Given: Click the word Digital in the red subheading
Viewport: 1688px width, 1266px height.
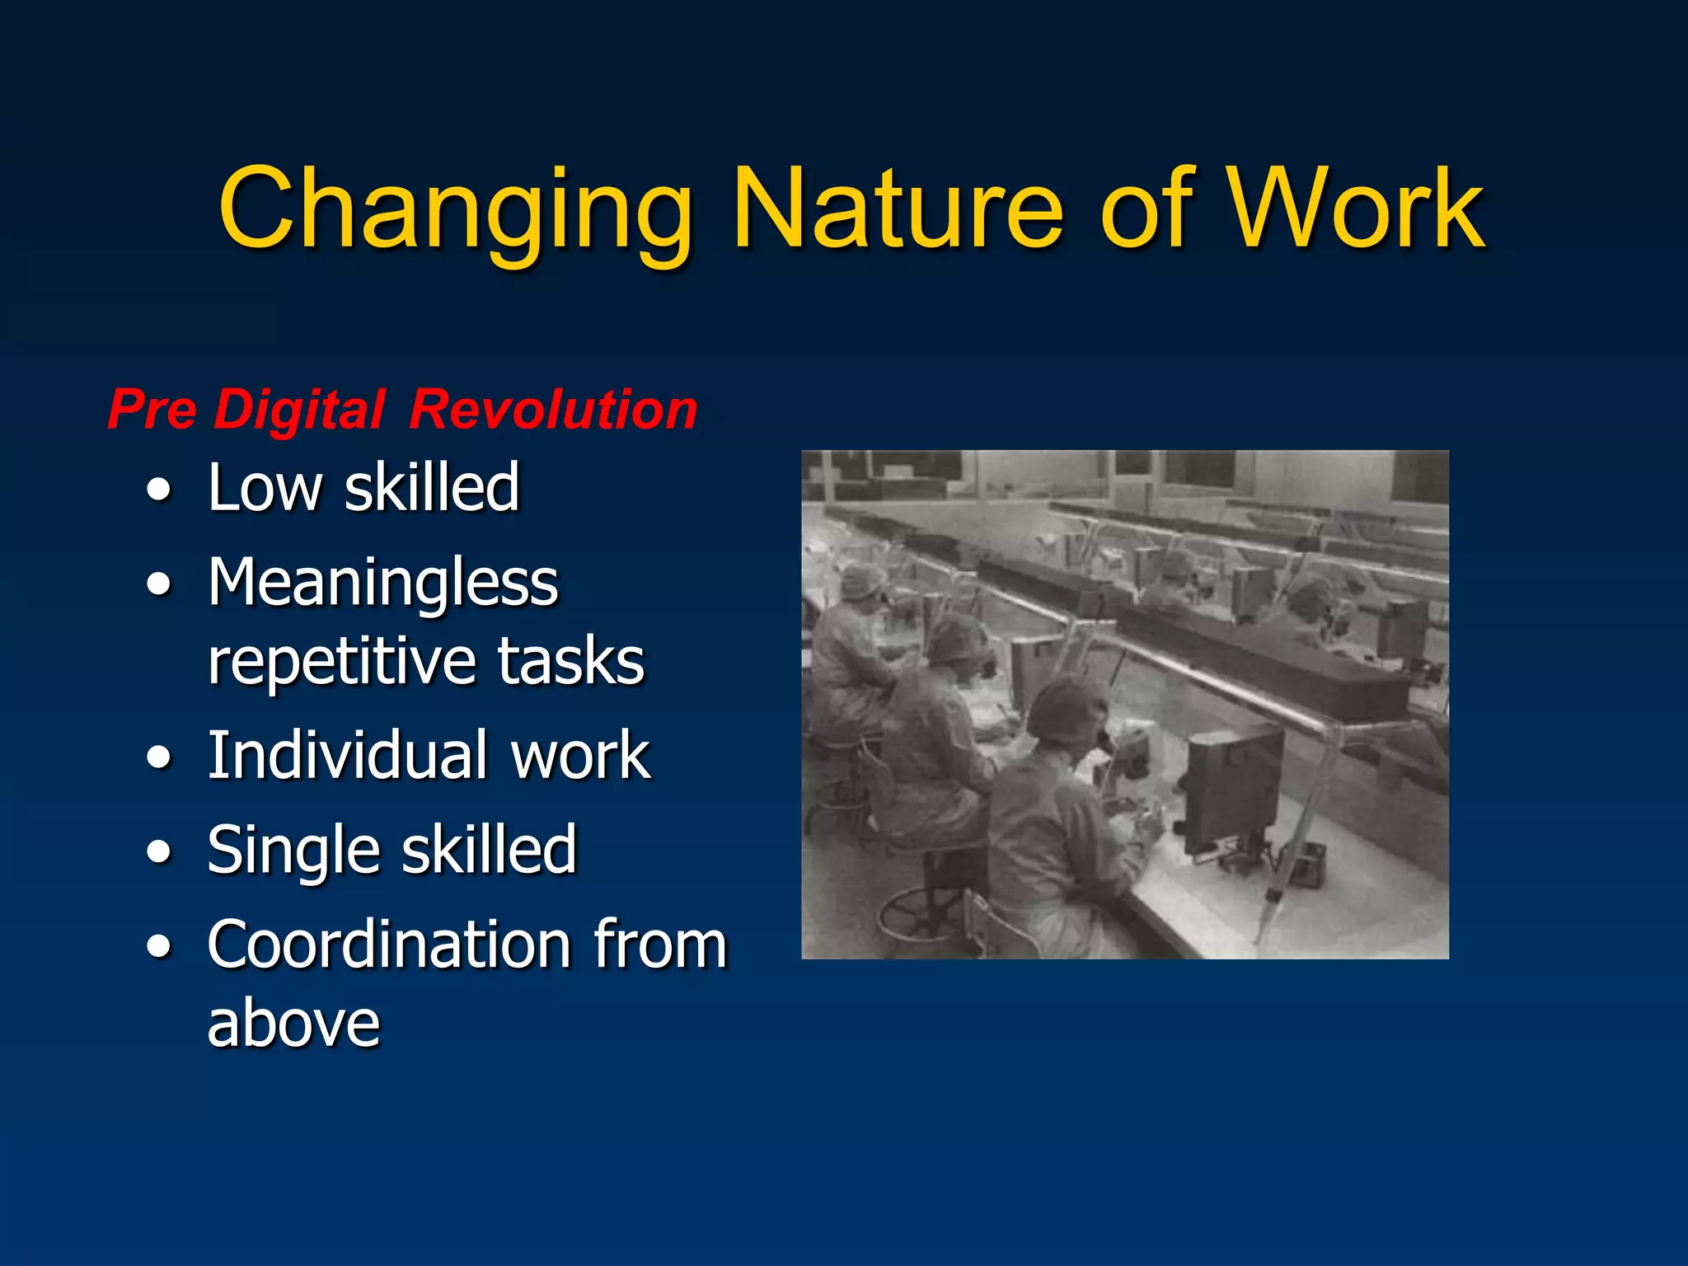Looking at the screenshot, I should tap(299, 410).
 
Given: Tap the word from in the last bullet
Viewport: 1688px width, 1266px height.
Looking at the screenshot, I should tap(659, 945).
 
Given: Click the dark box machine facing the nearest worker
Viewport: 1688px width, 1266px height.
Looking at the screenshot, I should tap(1232, 787).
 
